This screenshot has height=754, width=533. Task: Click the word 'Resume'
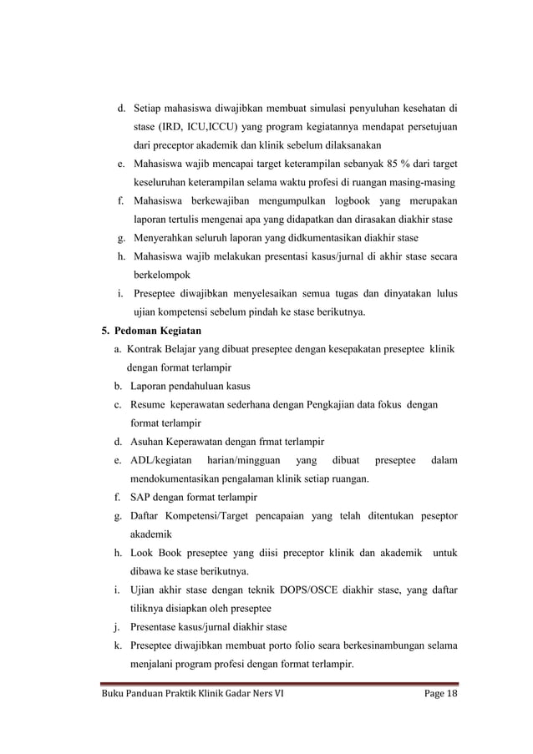(x=148, y=404)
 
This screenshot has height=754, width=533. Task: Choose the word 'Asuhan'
(x=148, y=441)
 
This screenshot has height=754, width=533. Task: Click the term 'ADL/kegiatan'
(x=161, y=460)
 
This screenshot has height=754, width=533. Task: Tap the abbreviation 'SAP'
(x=141, y=497)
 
